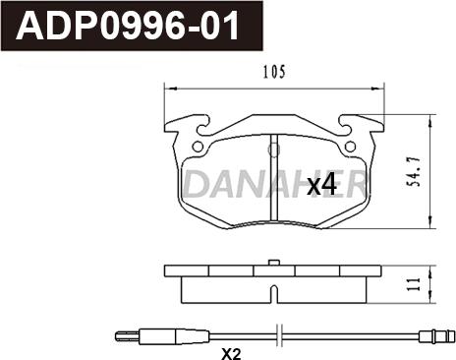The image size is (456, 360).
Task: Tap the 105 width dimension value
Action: click(273, 72)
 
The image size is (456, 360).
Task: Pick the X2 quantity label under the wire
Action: click(232, 352)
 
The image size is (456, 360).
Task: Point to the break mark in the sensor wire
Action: click(281, 334)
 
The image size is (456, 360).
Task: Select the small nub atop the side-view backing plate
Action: click(271, 263)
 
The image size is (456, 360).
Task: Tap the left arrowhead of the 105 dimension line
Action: click(168, 86)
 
